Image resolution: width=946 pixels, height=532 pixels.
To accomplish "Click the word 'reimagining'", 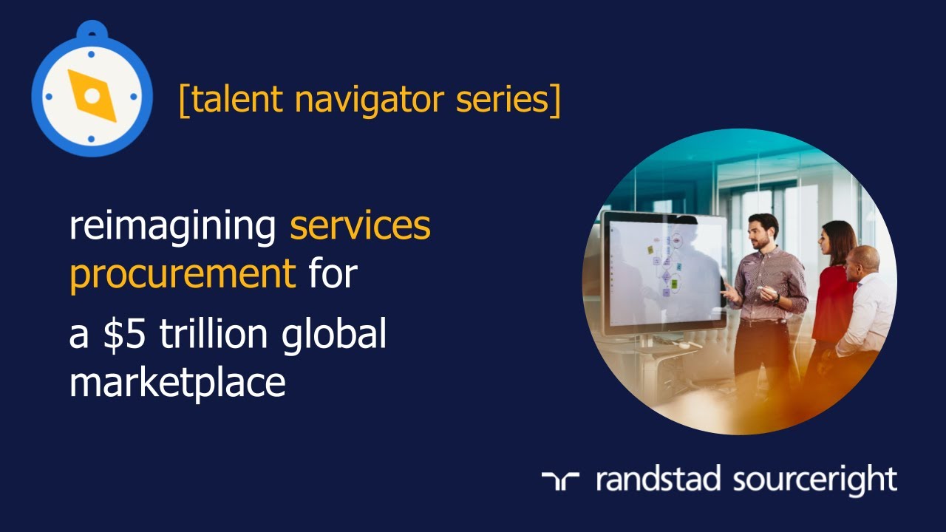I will click(172, 228).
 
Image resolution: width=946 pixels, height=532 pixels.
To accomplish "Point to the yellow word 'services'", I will click(360, 226).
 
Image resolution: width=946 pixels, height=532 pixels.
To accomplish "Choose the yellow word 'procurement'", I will click(183, 274).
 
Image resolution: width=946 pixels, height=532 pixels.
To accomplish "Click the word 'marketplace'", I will click(177, 382).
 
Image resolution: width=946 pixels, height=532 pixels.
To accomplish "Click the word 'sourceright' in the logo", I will click(814, 480).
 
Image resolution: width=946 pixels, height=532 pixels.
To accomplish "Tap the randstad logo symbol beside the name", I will click(560, 480).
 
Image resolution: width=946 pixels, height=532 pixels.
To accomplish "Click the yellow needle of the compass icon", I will click(92, 96).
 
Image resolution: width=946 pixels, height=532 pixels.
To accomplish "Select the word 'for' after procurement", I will click(333, 274).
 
